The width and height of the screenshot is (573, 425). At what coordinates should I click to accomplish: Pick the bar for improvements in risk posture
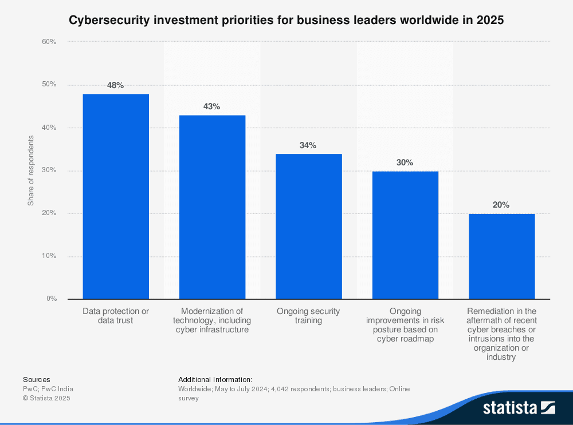pos(405,235)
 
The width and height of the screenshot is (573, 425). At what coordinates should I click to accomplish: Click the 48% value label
pos(116,85)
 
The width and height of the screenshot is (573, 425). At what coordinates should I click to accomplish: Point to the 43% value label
pos(212,106)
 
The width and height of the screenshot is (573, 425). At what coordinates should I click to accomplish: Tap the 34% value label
pos(308,145)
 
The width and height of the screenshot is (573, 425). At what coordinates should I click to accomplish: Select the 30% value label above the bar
pos(405,162)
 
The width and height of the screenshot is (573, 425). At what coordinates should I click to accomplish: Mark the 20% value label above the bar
pos(501,205)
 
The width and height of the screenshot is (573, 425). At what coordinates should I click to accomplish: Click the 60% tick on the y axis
pos(49,42)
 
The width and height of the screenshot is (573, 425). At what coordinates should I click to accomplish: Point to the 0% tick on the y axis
pos(51,299)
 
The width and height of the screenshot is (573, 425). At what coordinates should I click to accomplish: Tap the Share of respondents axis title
pos(30,170)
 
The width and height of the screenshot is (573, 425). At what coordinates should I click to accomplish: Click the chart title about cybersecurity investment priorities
pos(286,21)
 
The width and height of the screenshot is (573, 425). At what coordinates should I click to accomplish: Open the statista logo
pos(519,407)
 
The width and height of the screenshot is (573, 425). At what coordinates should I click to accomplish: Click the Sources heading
pos(36,379)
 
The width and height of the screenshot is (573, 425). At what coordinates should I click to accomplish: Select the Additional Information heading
pos(215,379)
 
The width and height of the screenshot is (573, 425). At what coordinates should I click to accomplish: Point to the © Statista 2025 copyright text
pos(46,398)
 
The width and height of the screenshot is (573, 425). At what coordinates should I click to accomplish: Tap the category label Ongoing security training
pos(308,316)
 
